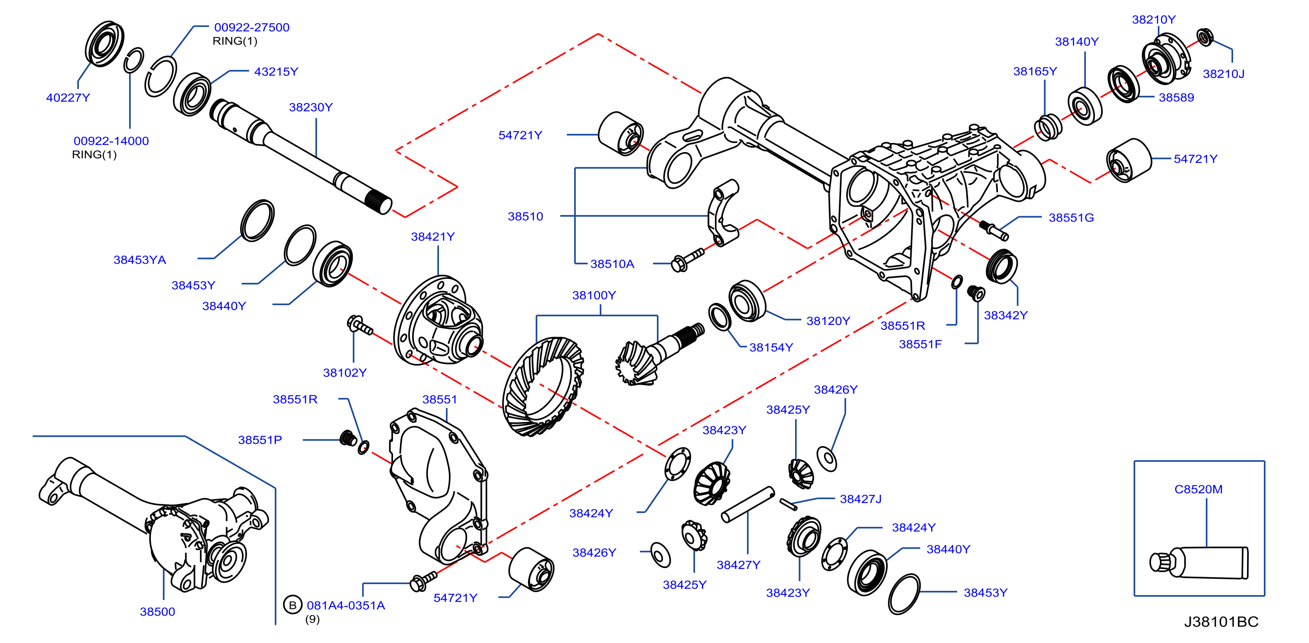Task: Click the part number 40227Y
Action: [68, 97]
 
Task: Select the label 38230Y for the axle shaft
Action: [311, 107]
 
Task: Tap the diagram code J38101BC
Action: [1221, 622]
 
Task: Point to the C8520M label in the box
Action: [1198, 489]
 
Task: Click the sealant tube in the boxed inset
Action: [1199, 563]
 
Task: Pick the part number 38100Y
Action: [594, 296]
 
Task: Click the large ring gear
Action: [542, 386]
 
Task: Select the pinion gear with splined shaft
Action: [659, 353]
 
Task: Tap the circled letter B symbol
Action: [292, 605]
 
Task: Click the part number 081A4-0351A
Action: [345, 605]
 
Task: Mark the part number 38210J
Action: [1223, 74]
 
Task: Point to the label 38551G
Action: [1071, 218]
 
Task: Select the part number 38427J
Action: [860, 499]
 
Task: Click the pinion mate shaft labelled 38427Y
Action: [747, 504]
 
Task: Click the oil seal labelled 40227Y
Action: [104, 44]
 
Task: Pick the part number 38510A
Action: [612, 264]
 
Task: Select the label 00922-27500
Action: [252, 27]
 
